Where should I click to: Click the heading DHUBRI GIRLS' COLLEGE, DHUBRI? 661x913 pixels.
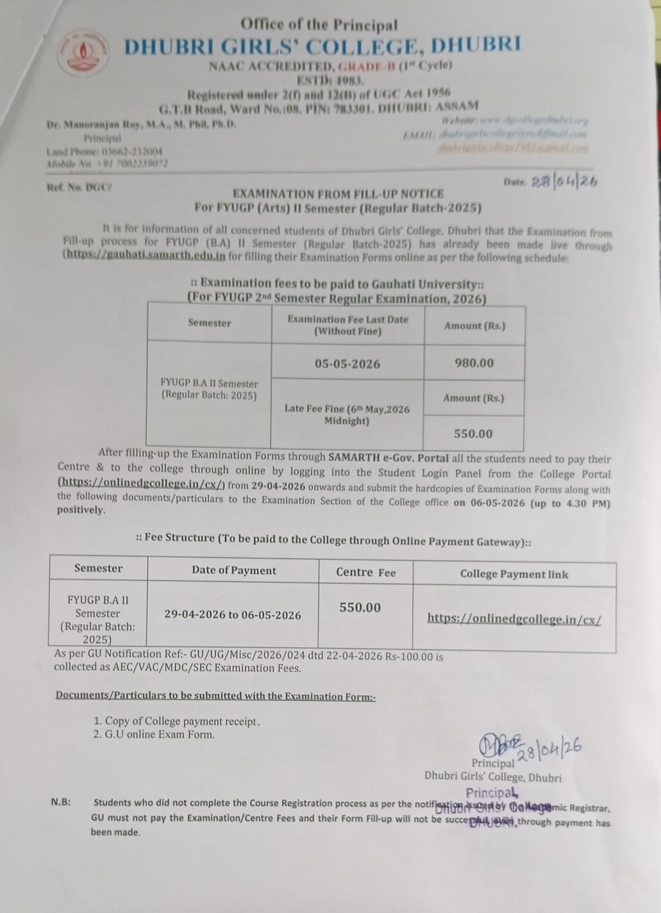[322, 46]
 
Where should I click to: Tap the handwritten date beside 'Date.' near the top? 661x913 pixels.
[564, 181]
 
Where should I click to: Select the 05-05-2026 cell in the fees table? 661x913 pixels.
[347, 364]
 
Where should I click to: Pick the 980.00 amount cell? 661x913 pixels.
[474, 363]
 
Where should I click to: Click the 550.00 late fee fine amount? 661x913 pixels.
[473, 434]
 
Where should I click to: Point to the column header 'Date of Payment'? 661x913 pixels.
[233, 570]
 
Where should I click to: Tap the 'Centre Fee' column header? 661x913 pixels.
[365, 572]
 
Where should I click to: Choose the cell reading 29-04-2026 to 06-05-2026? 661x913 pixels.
[232, 615]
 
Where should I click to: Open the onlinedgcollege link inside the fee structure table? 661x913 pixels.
[514, 619]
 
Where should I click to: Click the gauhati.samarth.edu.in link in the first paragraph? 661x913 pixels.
[145, 256]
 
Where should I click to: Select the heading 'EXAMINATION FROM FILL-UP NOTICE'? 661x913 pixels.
[338, 193]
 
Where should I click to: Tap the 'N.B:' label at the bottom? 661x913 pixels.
[61, 802]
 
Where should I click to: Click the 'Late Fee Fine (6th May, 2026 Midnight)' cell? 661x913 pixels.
[346, 415]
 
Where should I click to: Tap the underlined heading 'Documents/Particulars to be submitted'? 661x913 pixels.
[215, 696]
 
